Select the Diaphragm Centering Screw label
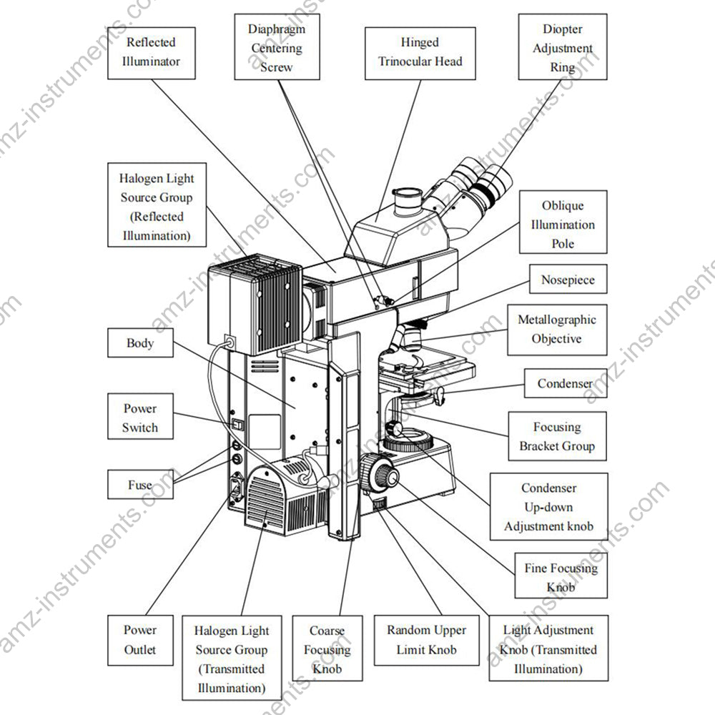tap(276, 48)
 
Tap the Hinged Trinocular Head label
tap(420, 52)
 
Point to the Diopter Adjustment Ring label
tap(562, 48)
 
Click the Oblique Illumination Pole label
tap(562, 225)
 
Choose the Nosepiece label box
tap(567, 280)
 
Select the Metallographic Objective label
tap(556, 329)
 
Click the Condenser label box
tap(565, 384)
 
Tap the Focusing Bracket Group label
tap(556, 436)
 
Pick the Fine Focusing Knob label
tap(561, 578)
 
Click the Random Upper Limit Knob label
tap(426, 640)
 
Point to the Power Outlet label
tap(139, 640)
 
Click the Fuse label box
tap(139, 485)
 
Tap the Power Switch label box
tap(139, 418)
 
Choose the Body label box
tap(139, 343)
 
